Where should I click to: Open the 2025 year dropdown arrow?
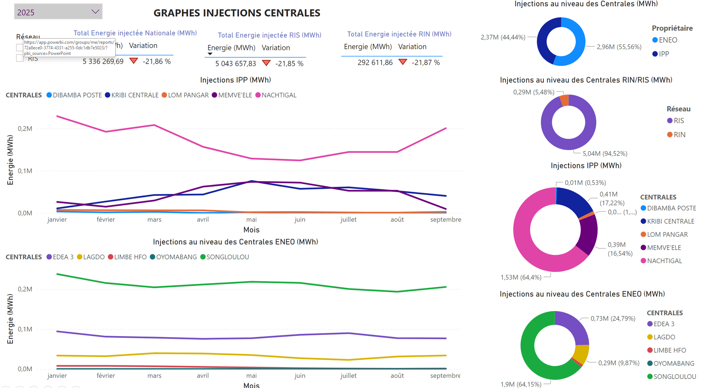(x=95, y=12)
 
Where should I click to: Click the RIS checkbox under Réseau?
(x=20, y=58)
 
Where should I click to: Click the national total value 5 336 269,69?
(x=103, y=62)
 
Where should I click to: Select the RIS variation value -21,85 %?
(x=289, y=64)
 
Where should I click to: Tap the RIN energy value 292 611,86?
(x=375, y=63)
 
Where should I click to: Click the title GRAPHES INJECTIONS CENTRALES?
(x=237, y=13)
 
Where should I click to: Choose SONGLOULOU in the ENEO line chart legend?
(x=227, y=257)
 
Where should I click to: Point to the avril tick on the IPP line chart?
(x=203, y=220)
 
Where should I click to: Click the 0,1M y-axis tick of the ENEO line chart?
(x=25, y=329)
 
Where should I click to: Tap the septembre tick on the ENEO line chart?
(x=445, y=376)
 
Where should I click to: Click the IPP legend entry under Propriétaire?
(x=663, y=54)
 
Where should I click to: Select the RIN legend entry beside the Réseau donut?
(x=679, y=135)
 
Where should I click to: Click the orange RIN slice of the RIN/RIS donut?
(x=564, y=101)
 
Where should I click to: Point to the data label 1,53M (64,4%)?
(x=521, y=277)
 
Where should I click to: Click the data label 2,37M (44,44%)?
(x=503, y=37)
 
